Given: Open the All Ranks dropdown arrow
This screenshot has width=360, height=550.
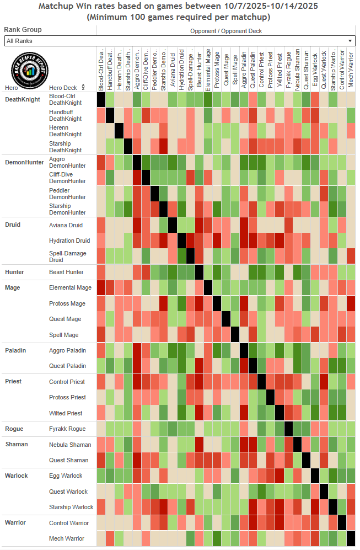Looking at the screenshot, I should (350, 41).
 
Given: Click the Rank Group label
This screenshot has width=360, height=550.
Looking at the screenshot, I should (23, 30).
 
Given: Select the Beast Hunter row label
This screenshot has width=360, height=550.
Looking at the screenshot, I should (67, 272).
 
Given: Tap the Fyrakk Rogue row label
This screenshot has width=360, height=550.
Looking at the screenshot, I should (67, 429).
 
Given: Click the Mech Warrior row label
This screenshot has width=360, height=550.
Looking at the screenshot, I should (67, 538).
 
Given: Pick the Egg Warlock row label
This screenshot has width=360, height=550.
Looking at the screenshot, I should (66, 476).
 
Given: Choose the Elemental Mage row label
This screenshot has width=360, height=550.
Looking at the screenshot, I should (70, 287).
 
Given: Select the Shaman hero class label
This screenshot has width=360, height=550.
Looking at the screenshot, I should (16, 444).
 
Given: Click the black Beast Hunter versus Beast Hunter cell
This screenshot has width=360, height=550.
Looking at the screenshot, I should (199, 272).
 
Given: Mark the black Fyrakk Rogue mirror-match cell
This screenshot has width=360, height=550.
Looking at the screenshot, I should (288, 429).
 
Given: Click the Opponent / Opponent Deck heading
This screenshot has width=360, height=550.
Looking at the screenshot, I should (227, 31).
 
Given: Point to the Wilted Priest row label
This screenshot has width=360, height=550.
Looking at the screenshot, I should (66, 413).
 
